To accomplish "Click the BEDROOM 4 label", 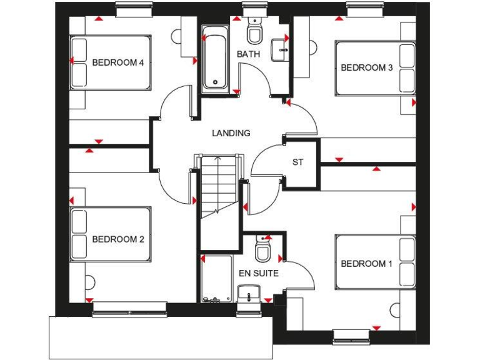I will (x=118, y=62).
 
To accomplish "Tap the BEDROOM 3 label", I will (x=366, y=67).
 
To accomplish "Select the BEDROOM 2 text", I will (x=118, y=239).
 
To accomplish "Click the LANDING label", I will (x=231, y=133).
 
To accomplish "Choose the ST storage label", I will (x=298, y=162).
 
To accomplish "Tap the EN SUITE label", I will (x=258, y=274).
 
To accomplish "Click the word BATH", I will (x=248, y=54).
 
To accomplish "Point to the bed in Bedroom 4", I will (x=110, y=62).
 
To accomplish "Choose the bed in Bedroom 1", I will (x=375, y=262).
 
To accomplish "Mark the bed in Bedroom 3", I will (x=375, y=68).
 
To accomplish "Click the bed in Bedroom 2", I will (x=110, y=234).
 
